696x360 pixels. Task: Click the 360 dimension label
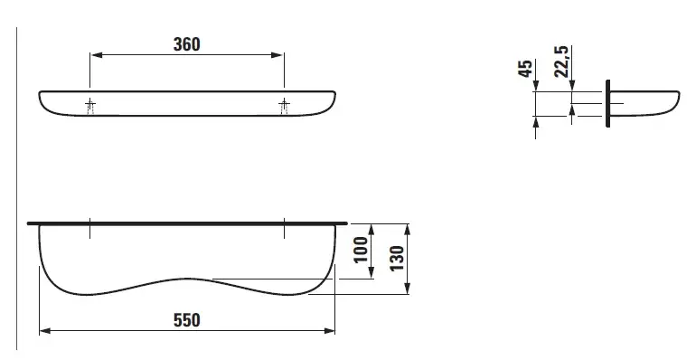(186, 44)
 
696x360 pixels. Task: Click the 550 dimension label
(186, 320)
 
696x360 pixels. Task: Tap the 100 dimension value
(362, 250)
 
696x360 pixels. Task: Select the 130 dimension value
(398, 258)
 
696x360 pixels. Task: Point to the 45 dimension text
(525, 69)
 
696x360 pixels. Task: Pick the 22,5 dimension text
(561, 62)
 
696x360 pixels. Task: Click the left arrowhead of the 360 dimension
(97, 55)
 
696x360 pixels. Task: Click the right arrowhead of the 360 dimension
(277, 55)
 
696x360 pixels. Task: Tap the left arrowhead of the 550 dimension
(45, 331)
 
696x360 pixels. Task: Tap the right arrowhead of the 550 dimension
(329, 331)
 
